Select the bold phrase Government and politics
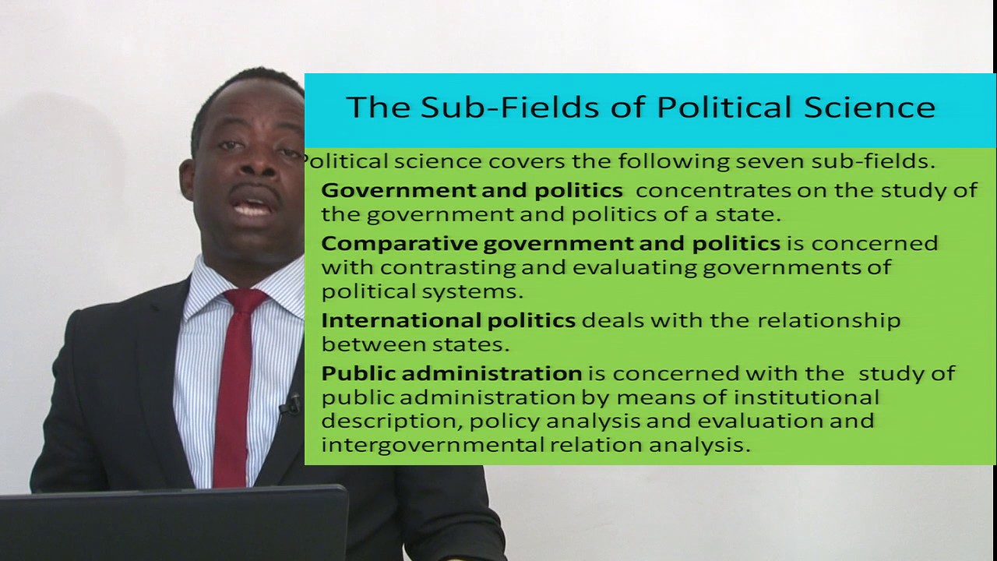click(471, 190)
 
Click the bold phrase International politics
click(448, 320)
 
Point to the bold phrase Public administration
click(451, 373)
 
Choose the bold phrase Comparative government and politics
click(550, 243)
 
